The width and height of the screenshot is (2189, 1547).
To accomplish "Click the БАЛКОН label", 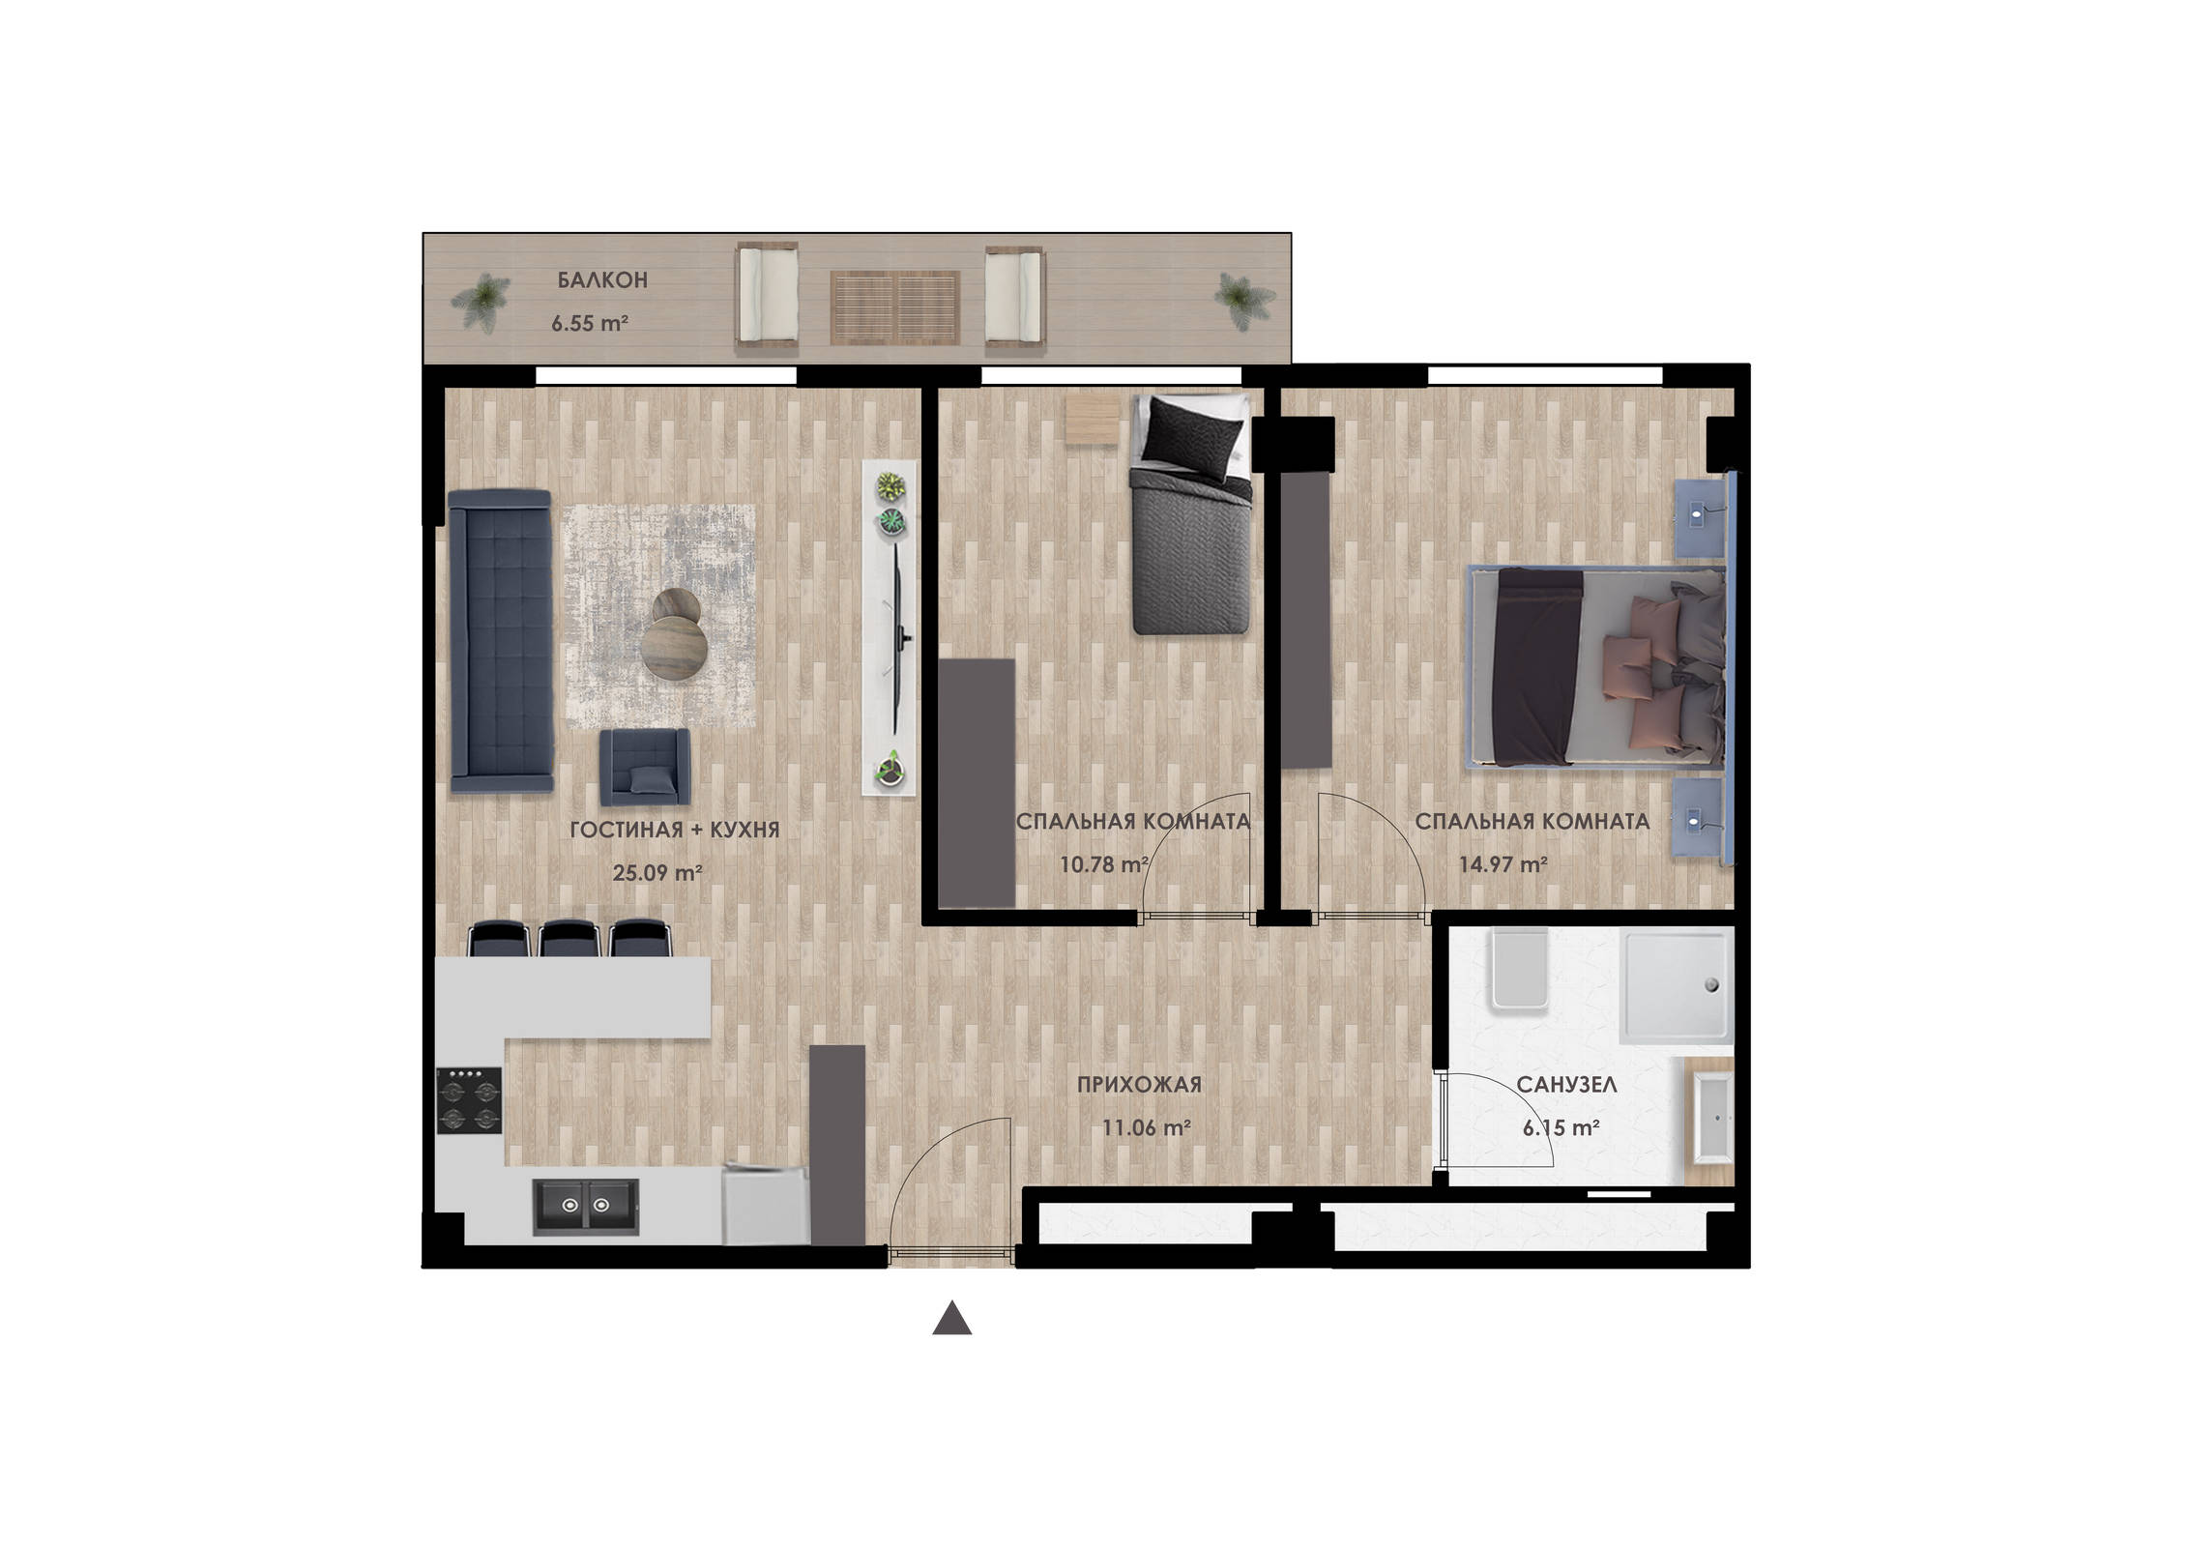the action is [x=601, y=280].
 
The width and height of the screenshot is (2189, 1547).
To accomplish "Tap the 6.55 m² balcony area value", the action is [x=590, y=323].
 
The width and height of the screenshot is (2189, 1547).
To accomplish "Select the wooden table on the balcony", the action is [x=895, y=307].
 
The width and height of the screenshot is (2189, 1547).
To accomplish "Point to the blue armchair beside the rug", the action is [x=644, y=767].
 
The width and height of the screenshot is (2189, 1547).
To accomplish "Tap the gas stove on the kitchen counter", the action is [x=469, y=1100].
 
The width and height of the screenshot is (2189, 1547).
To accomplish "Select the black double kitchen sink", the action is [x=586, y=1206].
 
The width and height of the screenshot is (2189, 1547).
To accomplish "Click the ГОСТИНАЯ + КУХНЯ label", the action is [x=675, y=830].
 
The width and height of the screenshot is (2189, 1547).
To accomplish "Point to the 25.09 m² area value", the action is [x=657, y=872].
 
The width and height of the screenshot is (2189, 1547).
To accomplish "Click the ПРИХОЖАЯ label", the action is [x=1139, y=1085].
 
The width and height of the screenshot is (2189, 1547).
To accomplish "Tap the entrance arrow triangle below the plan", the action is [x=951, y=1318].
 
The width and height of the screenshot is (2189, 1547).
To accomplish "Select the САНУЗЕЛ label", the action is [x=1566, y=1085].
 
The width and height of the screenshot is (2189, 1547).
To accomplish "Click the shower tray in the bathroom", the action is [x=1676, y=987].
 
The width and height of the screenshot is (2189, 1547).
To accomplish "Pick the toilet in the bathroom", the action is [x=1519, y=970].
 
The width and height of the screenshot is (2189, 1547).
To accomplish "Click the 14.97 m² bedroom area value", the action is [x=1503, y=863].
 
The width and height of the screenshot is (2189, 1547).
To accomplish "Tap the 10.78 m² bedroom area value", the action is [x=1104, y=863].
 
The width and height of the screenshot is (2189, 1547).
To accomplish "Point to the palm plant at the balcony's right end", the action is [x=1245, y=298].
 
